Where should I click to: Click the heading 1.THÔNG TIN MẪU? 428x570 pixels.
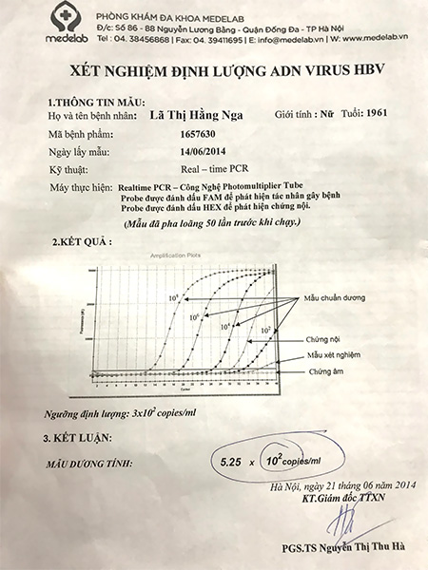pos(87,101)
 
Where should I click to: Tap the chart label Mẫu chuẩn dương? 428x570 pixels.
pos(341,297)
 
